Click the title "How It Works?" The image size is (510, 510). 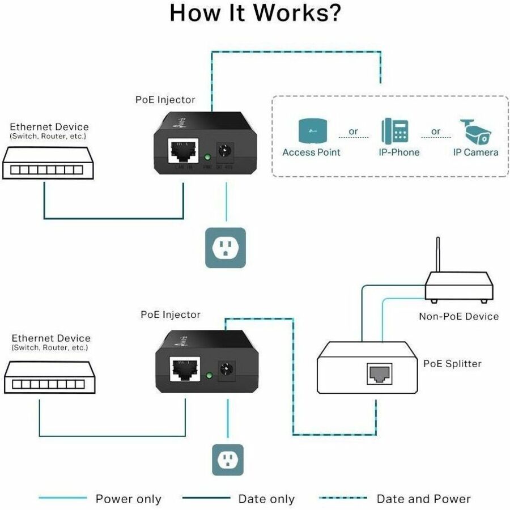[255, 13]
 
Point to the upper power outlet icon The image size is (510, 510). [226, 248]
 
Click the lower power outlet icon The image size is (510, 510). [227, 460]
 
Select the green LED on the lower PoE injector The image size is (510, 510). [210, 375]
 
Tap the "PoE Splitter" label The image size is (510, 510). [452, 363]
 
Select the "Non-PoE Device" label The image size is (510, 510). [458, 316]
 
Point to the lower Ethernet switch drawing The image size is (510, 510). [50, 377]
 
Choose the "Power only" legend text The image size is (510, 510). [128, 499]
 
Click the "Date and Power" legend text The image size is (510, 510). [423, 499]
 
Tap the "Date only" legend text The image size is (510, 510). [266, 499]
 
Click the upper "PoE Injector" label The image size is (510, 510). [165, 100]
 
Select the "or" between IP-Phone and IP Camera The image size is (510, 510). [436, 131]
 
